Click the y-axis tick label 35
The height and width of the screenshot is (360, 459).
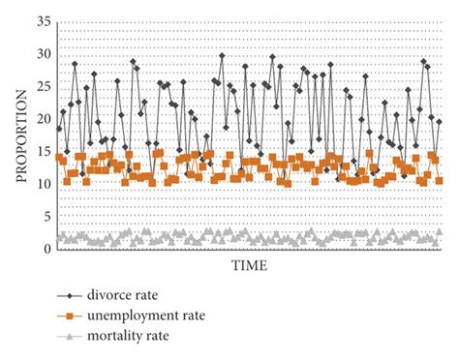pos(40,20)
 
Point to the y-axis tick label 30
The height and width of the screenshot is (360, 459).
pos(40,53)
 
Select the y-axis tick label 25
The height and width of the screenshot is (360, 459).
pos(40,86)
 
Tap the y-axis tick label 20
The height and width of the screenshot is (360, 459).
pos(40,119)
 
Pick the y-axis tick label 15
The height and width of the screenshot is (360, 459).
pos(40,151)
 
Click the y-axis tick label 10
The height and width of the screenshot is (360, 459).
pos(40,184)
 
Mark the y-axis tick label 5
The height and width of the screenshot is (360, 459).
pos(44,217)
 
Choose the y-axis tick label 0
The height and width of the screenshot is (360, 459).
pos(44,250)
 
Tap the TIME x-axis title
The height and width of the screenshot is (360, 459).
pos(251,264)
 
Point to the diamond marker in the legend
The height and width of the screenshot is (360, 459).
pos(69,295)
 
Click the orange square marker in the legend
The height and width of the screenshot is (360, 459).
pos(69,315)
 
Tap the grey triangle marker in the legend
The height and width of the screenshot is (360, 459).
pos(69,335)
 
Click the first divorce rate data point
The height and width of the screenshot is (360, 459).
pos(59,129)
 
